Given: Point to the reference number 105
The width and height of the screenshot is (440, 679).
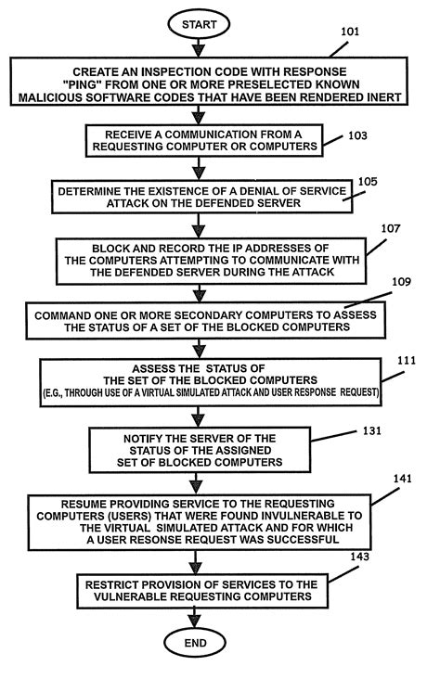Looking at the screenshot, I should click(x=368, y=182).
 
